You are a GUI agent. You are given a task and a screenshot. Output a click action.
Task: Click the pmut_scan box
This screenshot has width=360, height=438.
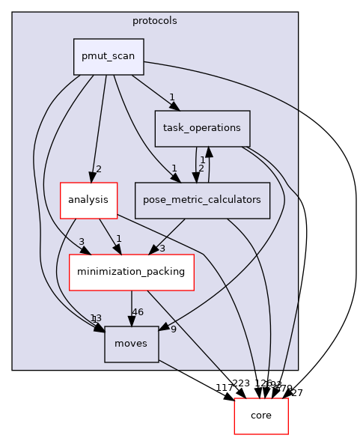pyautogui.click(x=109, y=57)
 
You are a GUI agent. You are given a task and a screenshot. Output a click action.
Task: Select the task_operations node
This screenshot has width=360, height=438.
pyautogui.click(x=201, y=128)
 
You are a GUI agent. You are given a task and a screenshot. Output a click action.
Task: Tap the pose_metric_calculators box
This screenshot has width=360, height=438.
pyautogui.click(x=202, y=200)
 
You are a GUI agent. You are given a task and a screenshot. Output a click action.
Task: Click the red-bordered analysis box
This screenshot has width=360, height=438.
pyautogui.click(x=88, y=200)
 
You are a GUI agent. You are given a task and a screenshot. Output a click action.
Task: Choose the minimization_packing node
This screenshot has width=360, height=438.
pyautogui.click(x=132, y=272)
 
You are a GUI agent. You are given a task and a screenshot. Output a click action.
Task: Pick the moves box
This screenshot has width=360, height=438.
pyautogui.click(x=131, y=344)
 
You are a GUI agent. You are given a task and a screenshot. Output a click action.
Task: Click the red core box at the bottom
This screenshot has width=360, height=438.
pyautogui.click(x=261, y=416)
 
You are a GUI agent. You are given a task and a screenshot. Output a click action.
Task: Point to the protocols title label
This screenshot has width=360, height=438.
pyautogui.click(x=155, y=21)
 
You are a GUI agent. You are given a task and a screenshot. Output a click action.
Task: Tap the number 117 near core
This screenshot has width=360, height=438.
pyautogui.click(x=225, y=388)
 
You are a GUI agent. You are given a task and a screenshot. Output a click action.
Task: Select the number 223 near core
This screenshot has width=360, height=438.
pyautogui.click(x=241, y=383)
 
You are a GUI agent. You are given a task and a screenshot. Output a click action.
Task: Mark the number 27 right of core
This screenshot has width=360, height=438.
pyautogui.click(x=297, y=392)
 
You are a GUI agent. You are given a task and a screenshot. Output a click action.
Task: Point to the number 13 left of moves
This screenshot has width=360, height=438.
pyautogui.click(x=95, y=318)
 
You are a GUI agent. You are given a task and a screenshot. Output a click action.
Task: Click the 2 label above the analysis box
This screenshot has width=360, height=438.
pyautogui.click(x=98, y=168)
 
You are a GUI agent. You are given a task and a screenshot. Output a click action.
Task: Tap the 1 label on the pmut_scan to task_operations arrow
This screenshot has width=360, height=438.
pyautogui.click(x=171, y=97)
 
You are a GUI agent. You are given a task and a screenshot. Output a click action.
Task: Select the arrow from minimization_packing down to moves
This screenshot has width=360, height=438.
pyautogui.click(x=132, y=308)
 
